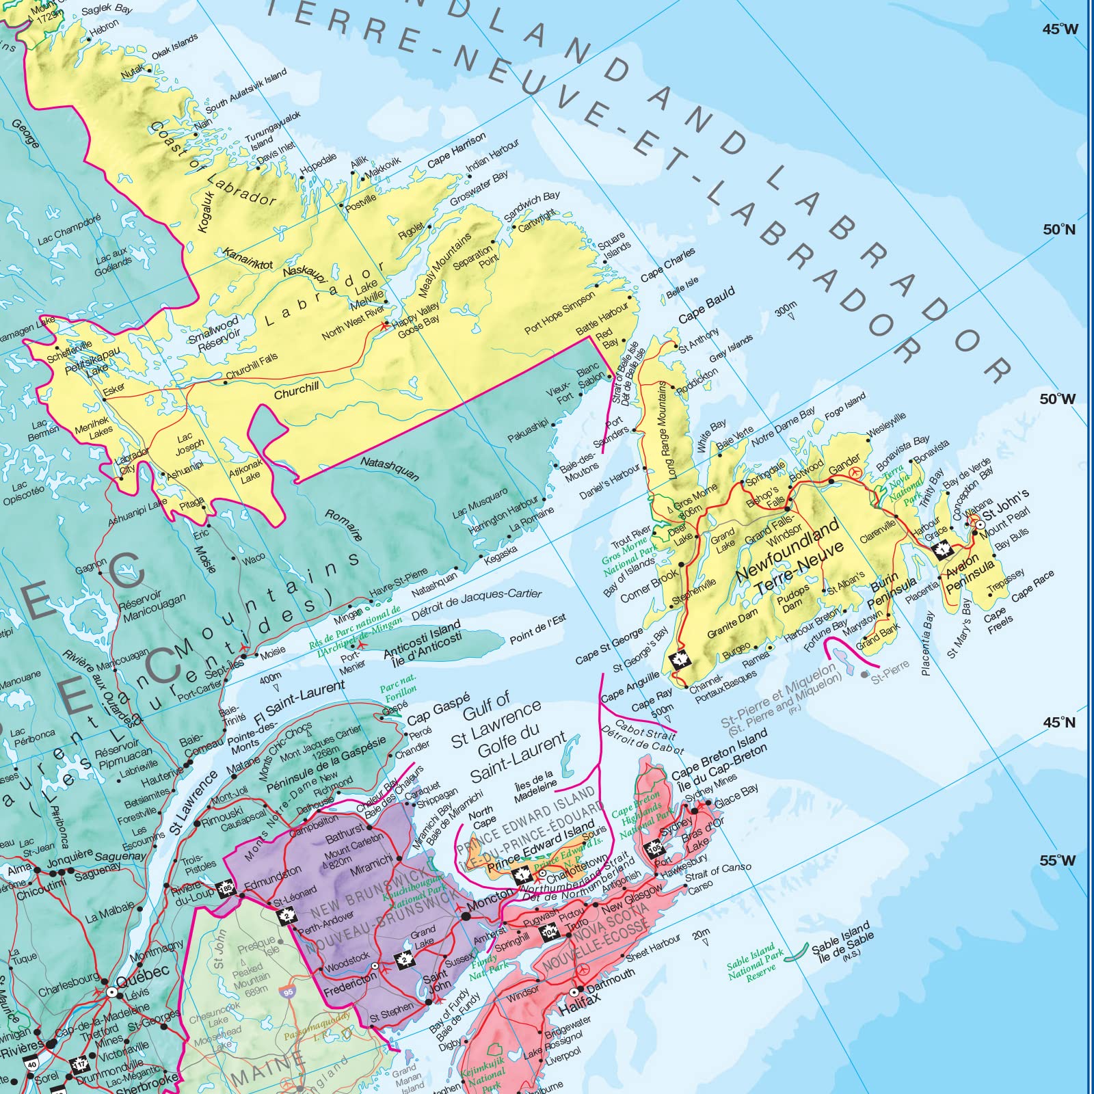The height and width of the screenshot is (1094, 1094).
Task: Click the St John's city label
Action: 1006,504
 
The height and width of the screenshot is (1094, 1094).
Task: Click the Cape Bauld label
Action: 706,305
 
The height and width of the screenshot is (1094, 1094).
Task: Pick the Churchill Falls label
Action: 252,366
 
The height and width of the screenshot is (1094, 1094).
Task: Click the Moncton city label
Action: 490,902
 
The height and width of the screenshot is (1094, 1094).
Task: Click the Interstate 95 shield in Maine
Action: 287,991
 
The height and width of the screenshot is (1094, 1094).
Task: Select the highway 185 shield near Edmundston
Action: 226,889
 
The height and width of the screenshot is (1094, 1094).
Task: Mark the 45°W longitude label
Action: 1060,29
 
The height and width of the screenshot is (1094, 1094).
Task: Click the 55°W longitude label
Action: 1057,860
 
